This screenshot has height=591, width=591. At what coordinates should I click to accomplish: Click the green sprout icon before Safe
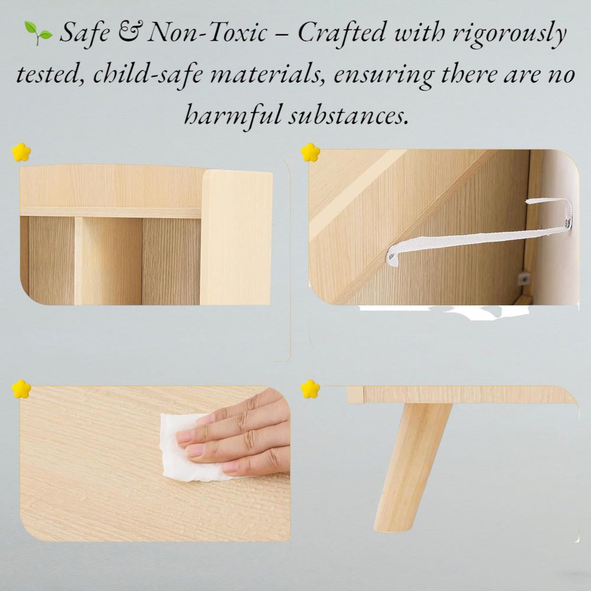point(38,33)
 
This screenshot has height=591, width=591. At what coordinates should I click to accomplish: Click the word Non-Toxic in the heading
point(207,33)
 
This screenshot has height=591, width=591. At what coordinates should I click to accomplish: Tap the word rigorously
point(509,34)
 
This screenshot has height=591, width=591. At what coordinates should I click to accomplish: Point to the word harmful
point(233,115)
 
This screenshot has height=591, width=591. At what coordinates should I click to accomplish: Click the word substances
point(349,115)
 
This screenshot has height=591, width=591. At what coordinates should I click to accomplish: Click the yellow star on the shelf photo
point(21,152)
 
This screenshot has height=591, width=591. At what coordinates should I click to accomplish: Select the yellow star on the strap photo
point(310,152)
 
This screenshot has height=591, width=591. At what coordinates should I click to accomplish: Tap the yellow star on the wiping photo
point(21,389)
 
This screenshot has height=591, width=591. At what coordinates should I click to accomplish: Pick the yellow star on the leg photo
point(310,389)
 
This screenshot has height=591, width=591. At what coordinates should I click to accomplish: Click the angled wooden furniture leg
point(413,467)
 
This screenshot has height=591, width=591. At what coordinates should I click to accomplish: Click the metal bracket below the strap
point(523,279)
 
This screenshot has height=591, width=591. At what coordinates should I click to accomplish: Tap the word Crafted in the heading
point(342,33)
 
